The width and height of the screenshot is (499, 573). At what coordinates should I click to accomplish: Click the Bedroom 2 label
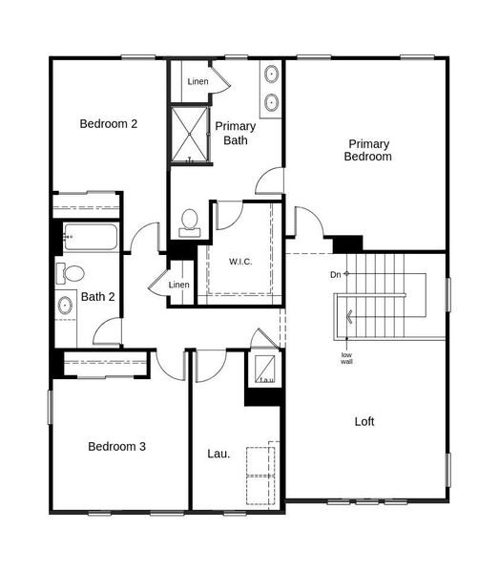109,123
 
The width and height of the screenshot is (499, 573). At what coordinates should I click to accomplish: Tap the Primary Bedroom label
367,150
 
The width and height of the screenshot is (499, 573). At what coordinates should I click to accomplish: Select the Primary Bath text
234,133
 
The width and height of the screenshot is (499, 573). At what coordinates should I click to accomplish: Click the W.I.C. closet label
239,261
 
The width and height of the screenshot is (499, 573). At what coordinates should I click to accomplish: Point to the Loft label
364,421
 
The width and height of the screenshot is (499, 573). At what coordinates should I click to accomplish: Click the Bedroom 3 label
116,446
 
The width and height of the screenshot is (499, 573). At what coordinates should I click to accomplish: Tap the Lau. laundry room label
218,454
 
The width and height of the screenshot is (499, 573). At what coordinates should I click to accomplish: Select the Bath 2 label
98,297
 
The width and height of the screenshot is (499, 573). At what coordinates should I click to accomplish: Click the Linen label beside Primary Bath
198,82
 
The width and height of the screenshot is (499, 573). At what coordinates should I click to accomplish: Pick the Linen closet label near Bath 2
179,285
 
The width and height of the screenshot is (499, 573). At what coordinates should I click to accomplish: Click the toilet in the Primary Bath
189,223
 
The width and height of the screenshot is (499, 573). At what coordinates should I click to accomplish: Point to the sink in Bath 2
66,307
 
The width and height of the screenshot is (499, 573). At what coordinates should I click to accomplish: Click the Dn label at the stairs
336,275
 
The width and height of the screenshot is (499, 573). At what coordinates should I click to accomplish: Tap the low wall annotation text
347,358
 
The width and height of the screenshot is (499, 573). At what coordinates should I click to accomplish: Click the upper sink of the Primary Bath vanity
271,74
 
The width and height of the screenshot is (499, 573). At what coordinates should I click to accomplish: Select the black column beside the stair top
346,244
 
